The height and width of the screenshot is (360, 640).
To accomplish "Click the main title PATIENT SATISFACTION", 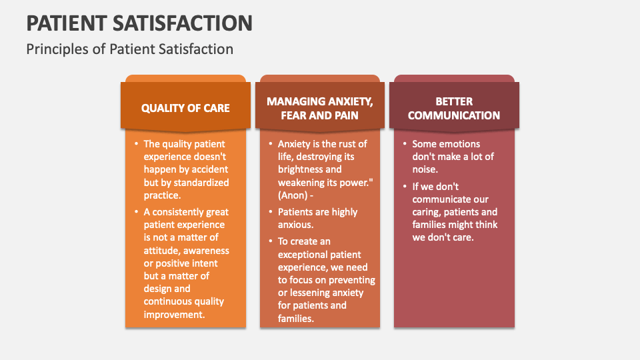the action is [x=139, y=23].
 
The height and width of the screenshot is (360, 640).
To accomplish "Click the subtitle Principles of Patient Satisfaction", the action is [x=130, y=49].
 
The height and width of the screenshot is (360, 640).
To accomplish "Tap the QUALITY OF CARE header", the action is [x=185, y=108].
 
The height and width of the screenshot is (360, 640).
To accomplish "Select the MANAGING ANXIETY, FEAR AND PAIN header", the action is [x=319, y=108].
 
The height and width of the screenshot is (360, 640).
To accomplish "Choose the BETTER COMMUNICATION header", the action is [x=454, y=108].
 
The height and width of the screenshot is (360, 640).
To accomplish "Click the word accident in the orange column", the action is [x=210, y=169].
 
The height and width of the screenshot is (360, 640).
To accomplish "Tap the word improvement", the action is [x=174, y=315].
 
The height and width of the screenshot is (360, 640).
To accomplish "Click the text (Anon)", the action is [x=293, y=195].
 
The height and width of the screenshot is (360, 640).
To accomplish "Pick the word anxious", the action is [x=295, y=225].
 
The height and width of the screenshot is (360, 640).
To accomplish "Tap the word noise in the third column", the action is [x=425, y=169].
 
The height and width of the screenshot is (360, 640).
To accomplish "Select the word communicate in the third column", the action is [x=436, y=199].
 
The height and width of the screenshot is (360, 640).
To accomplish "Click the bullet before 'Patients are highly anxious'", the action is [x=271, y=212].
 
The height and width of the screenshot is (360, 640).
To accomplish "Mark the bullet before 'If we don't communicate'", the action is [x=405, y=187].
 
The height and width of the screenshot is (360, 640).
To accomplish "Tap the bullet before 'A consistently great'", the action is [x=136, y=212].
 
